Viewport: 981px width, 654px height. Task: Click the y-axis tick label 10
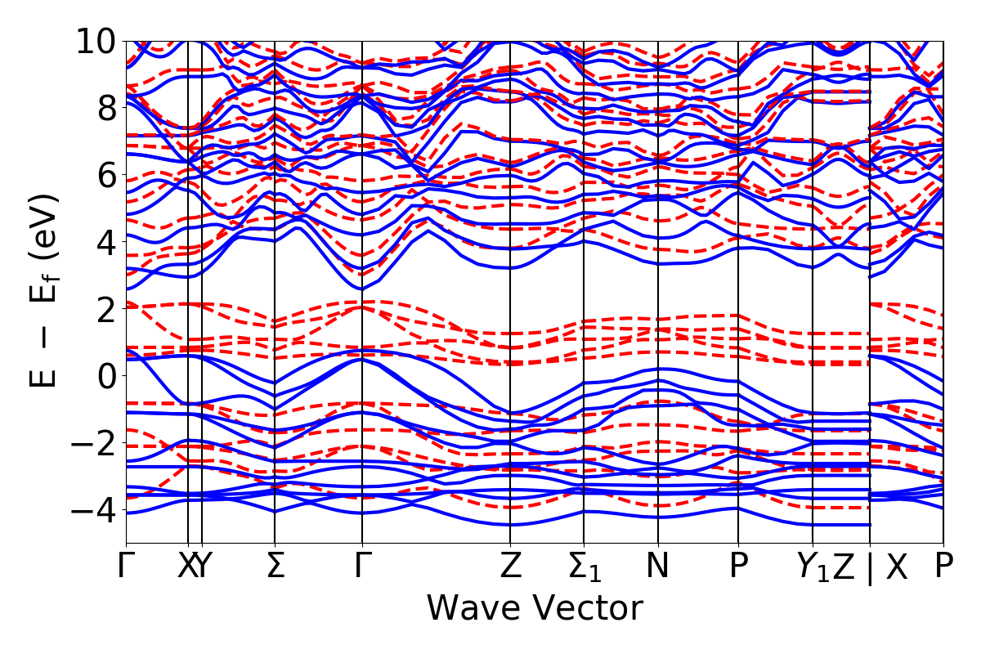click(x=97, y=41)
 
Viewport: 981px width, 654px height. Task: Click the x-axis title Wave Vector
click(x=535, y=609)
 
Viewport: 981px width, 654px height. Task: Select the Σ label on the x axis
click(x=275, y=567)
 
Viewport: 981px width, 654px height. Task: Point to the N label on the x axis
click(x=658, y=567)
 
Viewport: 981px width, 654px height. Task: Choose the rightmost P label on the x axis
click(x=944, y=567)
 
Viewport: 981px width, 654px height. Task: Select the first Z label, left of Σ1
click(x=510, y=567)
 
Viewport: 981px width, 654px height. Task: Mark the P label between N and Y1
click(x=739, y=567)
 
